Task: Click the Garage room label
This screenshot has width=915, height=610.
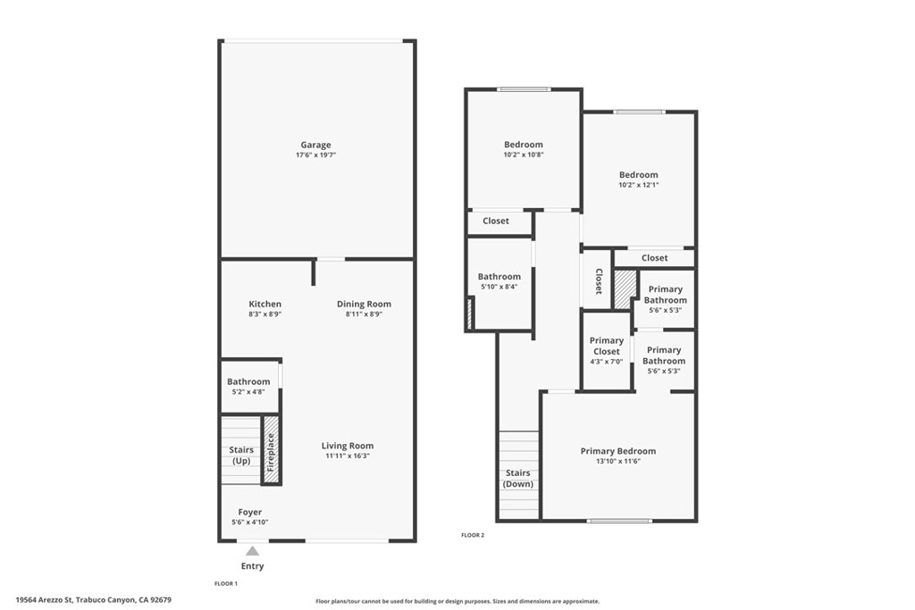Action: point(315,145)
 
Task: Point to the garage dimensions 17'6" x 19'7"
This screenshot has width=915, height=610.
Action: point(315,155)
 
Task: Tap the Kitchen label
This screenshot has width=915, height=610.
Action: point(265,305)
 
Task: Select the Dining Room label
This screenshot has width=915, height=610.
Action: point(364,305)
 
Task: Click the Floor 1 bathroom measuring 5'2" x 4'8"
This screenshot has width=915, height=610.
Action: point(248,387)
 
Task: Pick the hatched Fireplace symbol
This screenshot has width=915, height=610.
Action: point(272,452)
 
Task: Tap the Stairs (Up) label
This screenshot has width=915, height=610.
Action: point(241,455)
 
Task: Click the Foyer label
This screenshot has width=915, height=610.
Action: point(250,513)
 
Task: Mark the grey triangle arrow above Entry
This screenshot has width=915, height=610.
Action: point(253,551)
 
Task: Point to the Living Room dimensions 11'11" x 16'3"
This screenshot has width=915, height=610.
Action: point(348,456)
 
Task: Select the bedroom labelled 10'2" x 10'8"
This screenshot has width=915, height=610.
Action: point(523,149)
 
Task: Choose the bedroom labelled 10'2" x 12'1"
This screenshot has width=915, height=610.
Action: point(639,180)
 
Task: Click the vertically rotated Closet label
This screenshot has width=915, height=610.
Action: point(598,281)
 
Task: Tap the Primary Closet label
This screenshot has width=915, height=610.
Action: point(607,346)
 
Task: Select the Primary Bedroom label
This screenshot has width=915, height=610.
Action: point(618,451)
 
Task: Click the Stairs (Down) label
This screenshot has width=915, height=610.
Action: point(518,479)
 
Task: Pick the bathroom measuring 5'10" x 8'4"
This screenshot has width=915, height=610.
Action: point(499,281)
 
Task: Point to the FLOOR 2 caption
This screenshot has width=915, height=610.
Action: point(472,535)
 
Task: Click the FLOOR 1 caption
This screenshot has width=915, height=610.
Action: point(226,582)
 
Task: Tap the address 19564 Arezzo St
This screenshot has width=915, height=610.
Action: point(45,600)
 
